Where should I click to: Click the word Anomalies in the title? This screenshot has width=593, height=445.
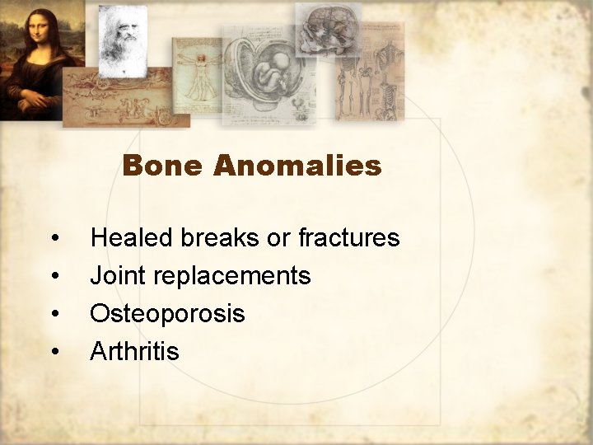click(x=296, y=166)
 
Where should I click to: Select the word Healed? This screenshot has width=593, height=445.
click(x=131, y=238)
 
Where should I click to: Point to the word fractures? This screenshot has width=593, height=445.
click(x=348, y=238)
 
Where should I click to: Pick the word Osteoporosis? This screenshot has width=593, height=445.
click(x=167, y=314)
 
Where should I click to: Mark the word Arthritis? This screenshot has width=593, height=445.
click(x=134, y=352)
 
